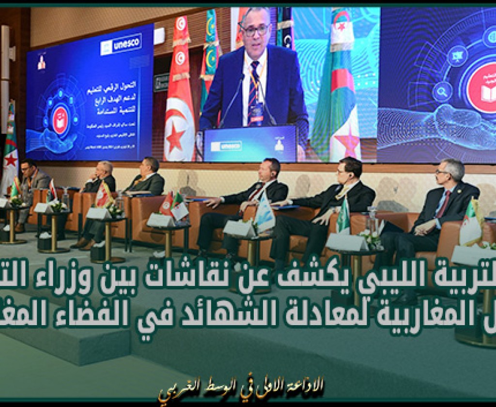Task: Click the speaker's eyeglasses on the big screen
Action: point(254,30)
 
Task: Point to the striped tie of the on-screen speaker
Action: point(254,90)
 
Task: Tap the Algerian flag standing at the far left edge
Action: point(10,150)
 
